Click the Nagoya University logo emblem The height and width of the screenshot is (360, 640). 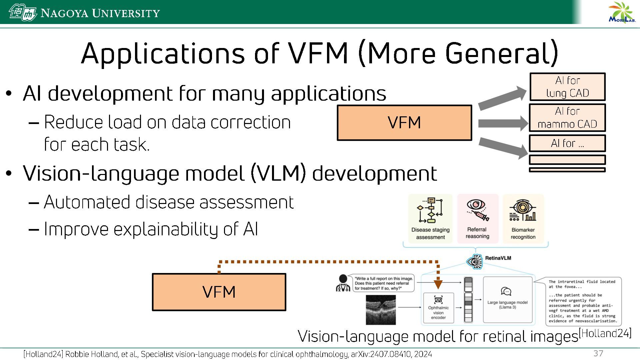coord(22,13)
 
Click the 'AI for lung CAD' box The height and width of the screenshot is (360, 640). coord(567,87)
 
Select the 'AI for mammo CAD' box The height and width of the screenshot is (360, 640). coord(567,118)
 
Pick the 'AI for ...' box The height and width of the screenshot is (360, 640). coord(567,143)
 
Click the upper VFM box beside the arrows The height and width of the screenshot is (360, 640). coord(404,123)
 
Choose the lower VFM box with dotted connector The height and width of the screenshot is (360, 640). coord(219,292)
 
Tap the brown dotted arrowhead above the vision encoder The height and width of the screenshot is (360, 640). coord(438,284)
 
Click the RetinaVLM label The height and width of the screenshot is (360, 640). coord(498,258)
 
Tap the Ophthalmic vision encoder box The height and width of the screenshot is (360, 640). coord(438,308)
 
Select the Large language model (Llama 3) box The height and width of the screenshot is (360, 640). coord(507,300)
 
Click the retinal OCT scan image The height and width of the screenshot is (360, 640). coord(381,310)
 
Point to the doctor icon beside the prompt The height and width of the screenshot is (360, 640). coord(343,283)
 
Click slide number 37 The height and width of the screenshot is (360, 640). coord(598,353)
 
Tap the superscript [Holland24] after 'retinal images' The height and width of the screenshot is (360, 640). coord(605,333)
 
